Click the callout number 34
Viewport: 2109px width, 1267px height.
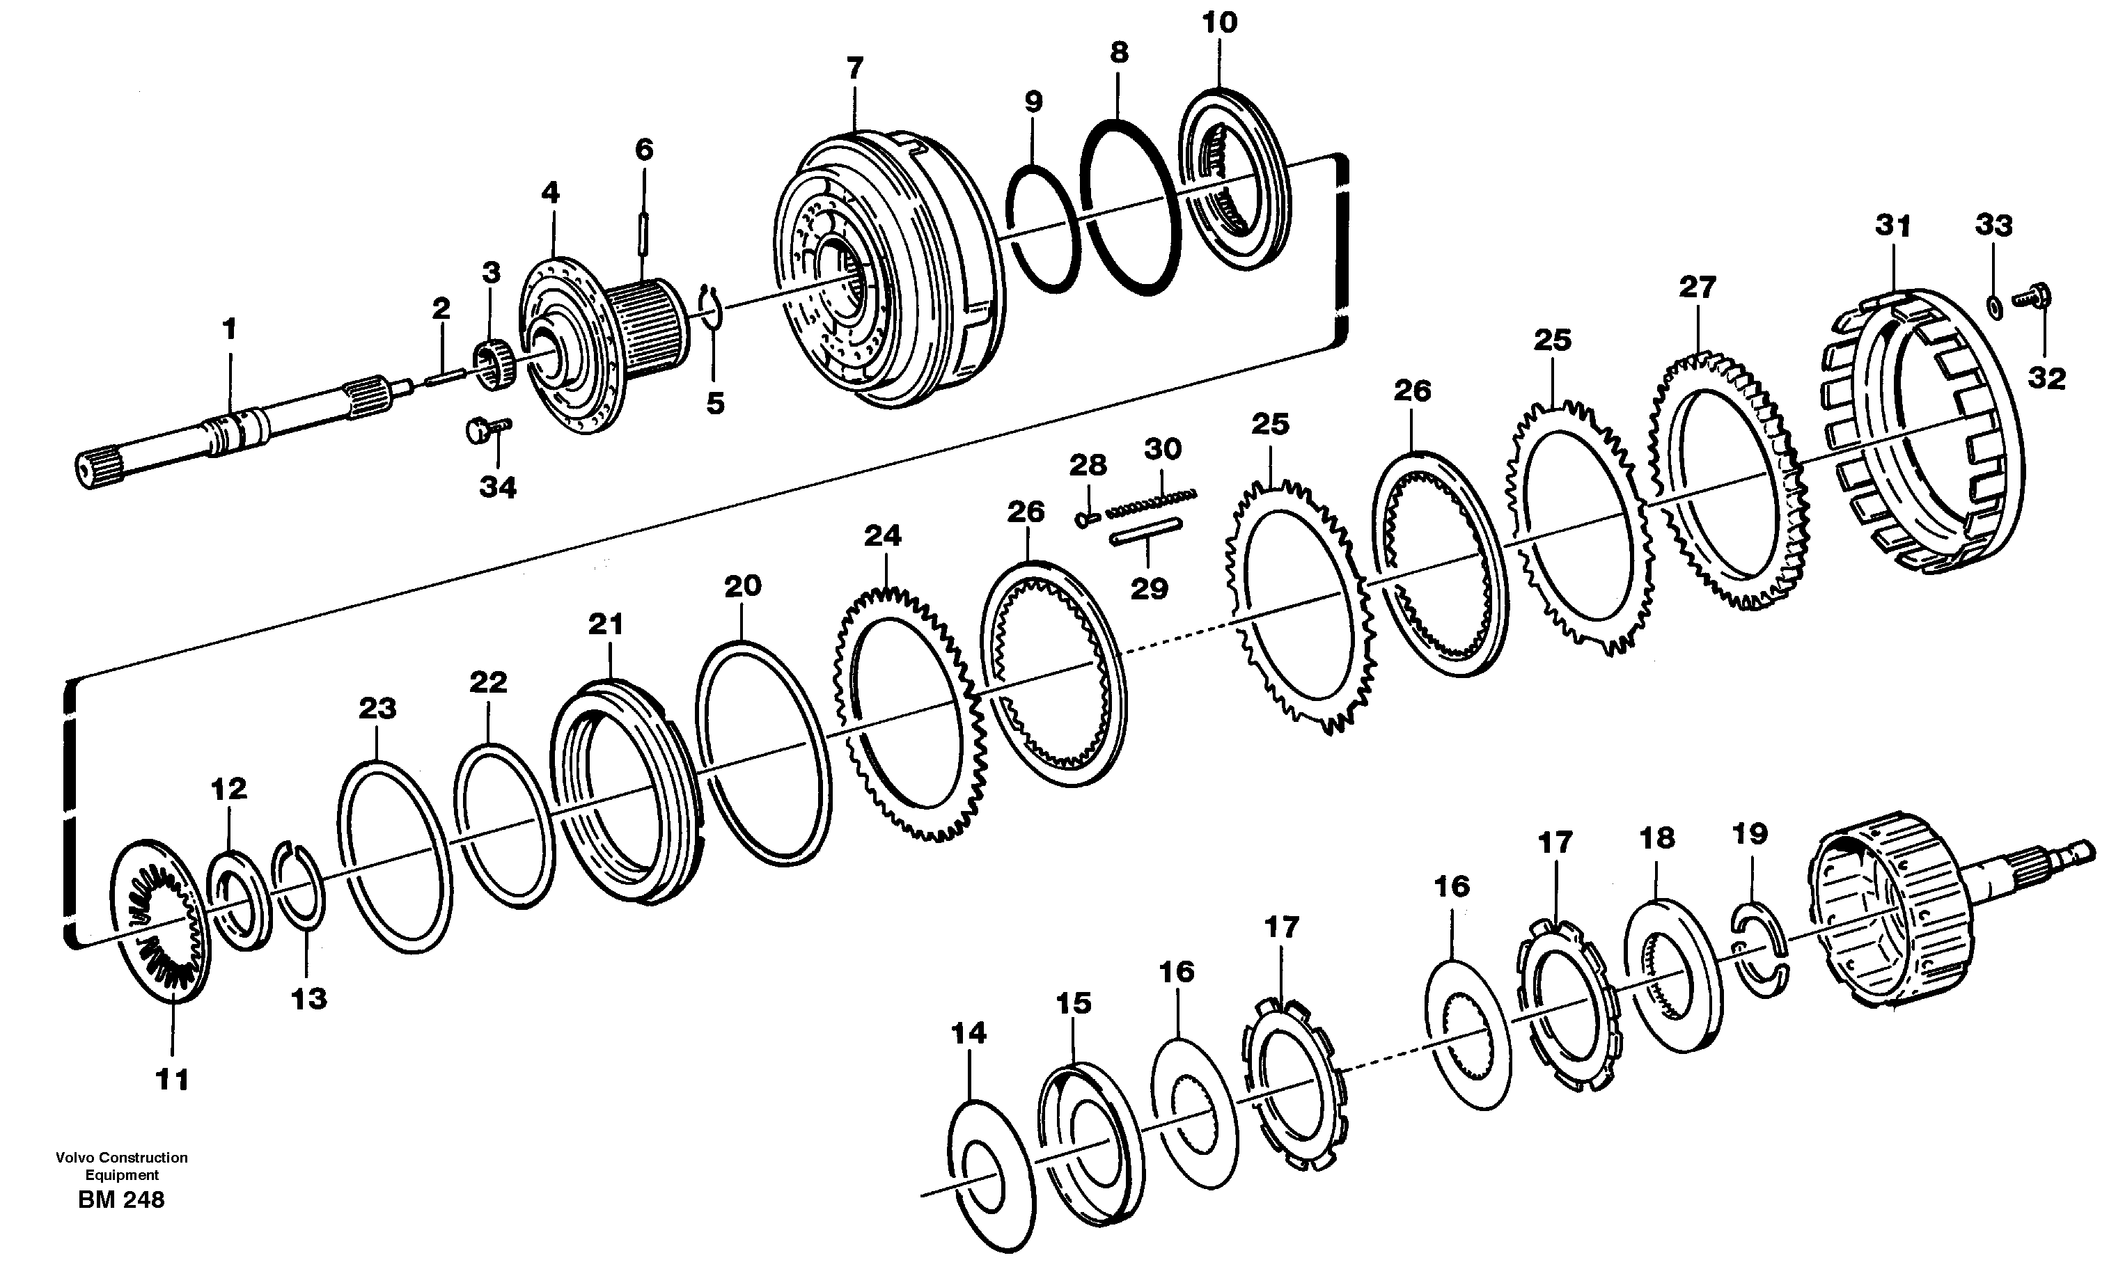[x=498, y=487]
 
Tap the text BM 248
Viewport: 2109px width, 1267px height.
[x=121, y=1199]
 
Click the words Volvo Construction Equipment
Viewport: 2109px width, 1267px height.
[x=121, y=1165]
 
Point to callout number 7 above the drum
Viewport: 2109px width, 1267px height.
[x=855, y=68]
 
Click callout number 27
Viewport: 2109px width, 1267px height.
[x=1697, y=287]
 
